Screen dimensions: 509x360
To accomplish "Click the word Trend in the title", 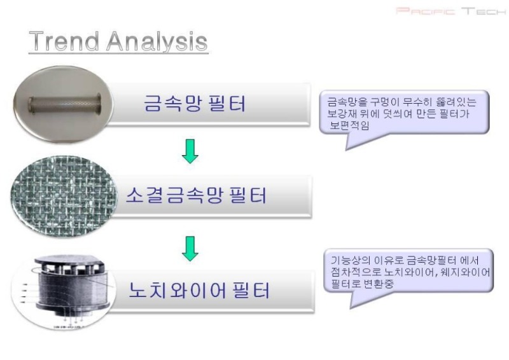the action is pos(64,41).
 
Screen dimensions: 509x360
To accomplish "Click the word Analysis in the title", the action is pos(157,42).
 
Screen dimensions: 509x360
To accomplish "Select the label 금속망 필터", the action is pos(195,103).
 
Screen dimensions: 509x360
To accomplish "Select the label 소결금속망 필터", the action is pos(197,195).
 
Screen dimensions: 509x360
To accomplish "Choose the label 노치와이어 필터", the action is pos(199,290).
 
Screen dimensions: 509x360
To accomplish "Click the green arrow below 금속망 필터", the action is pos(190,151).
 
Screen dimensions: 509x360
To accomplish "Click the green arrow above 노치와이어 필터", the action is pos(190,249).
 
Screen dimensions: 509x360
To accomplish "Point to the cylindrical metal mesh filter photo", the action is pos(63,104).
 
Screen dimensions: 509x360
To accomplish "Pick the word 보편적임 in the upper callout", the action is pos(349,125).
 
